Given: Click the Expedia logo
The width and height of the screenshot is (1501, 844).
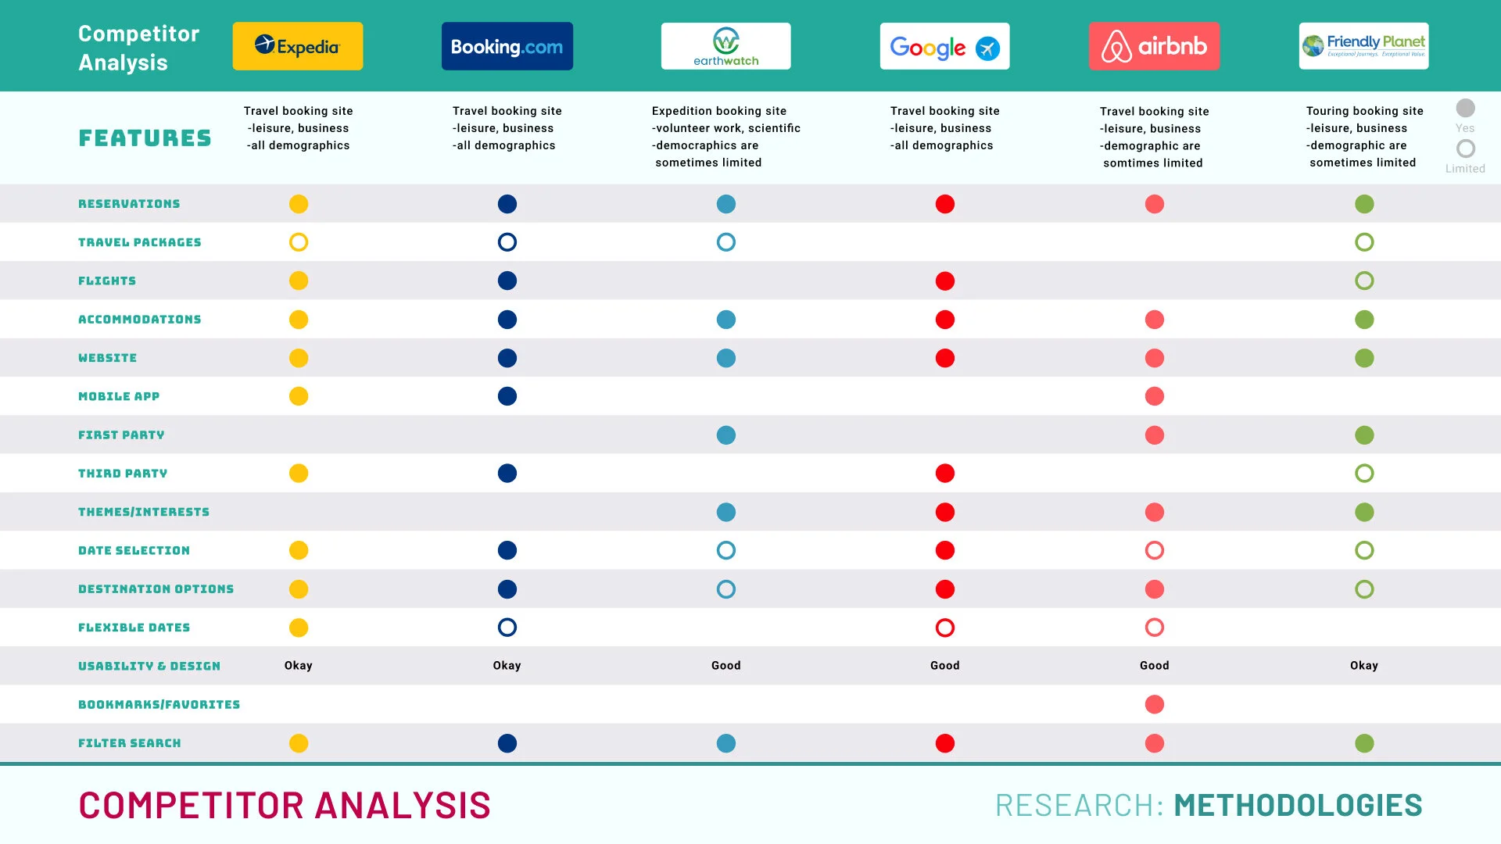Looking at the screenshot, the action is tap(298, 46).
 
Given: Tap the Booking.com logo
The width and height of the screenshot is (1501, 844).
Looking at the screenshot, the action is tap(507, 46).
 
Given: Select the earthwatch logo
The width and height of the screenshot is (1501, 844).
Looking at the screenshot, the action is tap(725, 46).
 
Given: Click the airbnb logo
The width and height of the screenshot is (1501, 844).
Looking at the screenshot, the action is tap(1154, 46).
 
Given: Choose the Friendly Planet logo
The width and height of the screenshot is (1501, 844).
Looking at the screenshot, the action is tap(1363, 46).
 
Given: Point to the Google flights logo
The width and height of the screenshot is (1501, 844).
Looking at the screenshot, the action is tap(944, 46).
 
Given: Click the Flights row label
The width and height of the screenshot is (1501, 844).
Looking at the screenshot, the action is tap(107, 281).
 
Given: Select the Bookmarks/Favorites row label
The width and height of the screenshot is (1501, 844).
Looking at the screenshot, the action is tap(159, 704).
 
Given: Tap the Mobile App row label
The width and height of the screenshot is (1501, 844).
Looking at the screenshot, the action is tap(119, 396).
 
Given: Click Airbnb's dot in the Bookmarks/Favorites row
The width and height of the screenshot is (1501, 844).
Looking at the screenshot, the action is tap(1155, 704).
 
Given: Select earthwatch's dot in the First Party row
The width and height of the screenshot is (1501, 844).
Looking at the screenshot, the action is tap(726, 435).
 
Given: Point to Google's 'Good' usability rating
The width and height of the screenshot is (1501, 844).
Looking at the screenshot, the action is tap(944, 666).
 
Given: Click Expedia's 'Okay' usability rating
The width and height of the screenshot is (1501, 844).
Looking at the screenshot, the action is tap(298, 666).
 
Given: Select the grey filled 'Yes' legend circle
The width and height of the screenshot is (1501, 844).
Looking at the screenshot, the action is tap(1466, 108).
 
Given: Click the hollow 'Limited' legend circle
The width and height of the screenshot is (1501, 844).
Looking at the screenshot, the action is tap(1466, 139).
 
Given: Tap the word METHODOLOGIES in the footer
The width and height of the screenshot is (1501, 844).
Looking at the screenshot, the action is tap(1298, 805).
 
